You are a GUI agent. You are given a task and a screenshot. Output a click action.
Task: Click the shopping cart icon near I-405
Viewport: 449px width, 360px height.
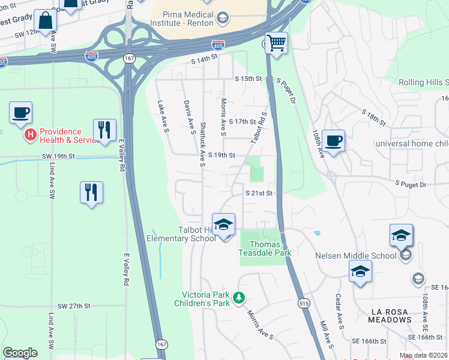coord(276,43)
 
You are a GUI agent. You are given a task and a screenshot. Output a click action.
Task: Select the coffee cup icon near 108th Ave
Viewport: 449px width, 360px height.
coord(334,141)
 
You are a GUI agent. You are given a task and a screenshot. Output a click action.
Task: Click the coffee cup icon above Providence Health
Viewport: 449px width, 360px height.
coord(20,112)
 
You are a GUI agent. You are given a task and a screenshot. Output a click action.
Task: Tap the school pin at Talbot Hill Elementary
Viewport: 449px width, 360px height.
coord(223,224)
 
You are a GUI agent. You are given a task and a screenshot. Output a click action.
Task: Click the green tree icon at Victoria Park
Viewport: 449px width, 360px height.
coord(239,298)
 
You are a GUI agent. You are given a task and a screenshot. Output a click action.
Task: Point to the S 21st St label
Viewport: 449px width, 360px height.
coord(259,193)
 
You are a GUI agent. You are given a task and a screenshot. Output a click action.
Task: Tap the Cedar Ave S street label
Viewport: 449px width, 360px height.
coord(340,311)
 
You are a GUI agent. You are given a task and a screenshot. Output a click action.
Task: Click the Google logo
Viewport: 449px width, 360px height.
coord(20,352)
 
